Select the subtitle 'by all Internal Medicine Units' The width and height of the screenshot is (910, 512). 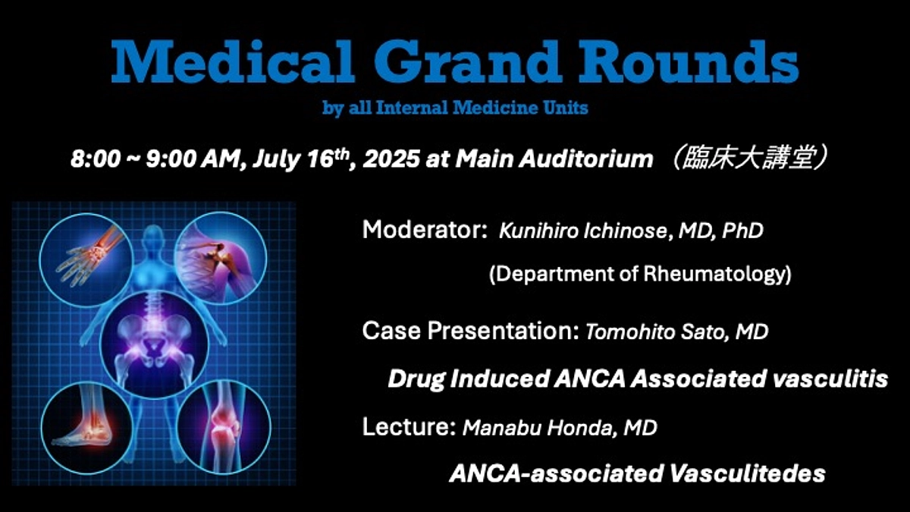[x=455, y=108]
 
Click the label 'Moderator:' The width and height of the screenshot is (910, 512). [x=424, y=230]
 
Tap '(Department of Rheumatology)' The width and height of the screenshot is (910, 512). [x=640, y=275]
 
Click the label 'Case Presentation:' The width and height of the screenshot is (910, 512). [x=471, y=331]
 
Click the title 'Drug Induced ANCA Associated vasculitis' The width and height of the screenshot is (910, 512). [x=637, y=379]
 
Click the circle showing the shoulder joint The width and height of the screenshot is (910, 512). [x=215, y=255]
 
